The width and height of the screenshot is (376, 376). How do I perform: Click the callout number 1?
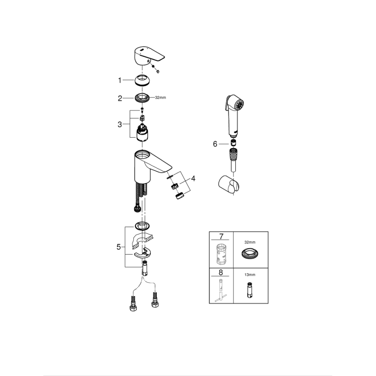click(120, 80)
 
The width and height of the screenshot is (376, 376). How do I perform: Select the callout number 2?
click(120, 98)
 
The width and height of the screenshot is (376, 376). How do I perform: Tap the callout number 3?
click(120, 124)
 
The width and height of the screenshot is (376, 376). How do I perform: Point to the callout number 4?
click(193, 178)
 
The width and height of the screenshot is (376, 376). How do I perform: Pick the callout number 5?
click(119, 247)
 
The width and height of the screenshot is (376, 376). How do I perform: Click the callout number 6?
click(215, 144)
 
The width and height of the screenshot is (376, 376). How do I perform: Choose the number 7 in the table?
click(221, 237)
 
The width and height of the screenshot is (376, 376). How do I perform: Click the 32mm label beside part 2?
click(160, 98)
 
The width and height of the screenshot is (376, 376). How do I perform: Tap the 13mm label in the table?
click(250, 275)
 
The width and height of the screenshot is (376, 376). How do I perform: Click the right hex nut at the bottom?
click(156, 301)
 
